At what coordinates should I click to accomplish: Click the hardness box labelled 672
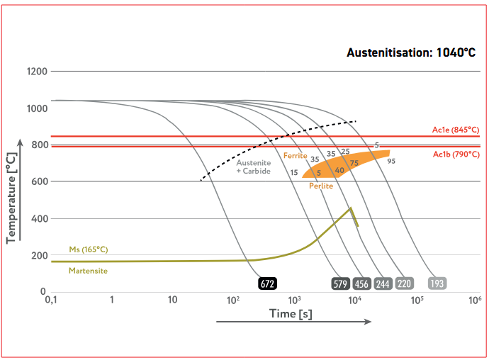click(267, 283)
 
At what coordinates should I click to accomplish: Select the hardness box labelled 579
click(340, 283)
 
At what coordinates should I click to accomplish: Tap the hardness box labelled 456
click(361, 283)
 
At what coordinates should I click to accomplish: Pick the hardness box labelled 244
click(383, 283)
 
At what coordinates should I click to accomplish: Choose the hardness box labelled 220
click(404, 283)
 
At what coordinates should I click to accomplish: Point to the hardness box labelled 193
click(438, 283)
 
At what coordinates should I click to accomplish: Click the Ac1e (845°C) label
click(456, 130)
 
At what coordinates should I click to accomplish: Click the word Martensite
click(88, 270)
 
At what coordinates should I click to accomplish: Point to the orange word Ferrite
click(295, 155)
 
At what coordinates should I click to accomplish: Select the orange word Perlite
click(321, 186)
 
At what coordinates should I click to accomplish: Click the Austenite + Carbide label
click(253, 167)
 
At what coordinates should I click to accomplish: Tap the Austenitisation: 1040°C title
click(410, 52)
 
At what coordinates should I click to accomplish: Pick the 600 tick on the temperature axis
click(40, 182)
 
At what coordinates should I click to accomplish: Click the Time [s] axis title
click(291, 313)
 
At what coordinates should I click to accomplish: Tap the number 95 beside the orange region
click(391, 161)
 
